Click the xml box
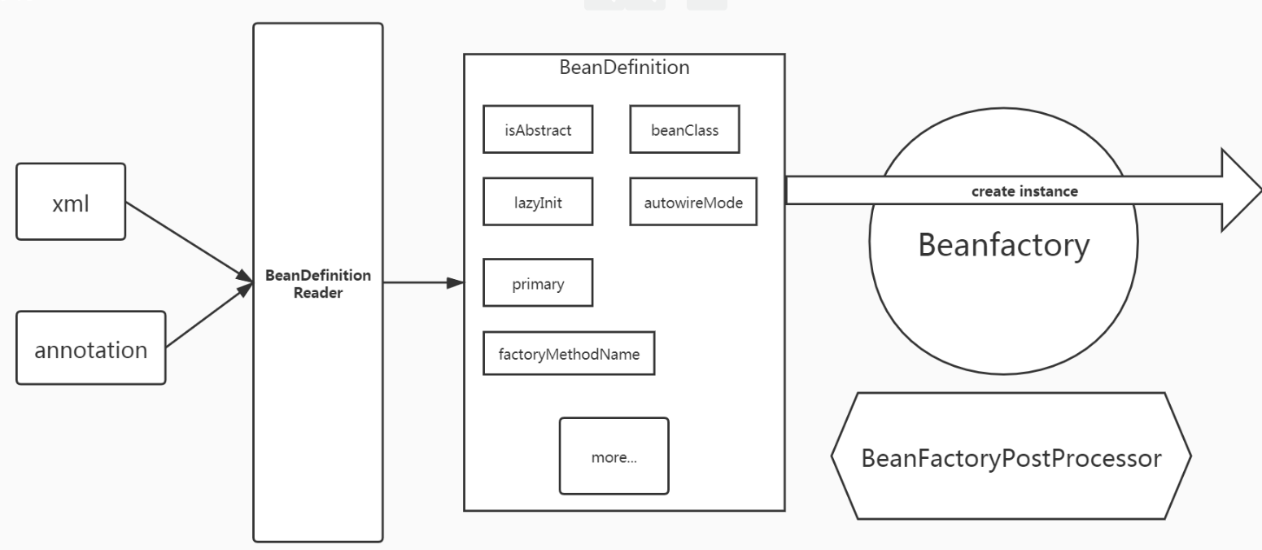coord(71,202)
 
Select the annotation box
coord(90,348)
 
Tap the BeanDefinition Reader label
coord(318,284)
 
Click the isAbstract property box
coord(537,129)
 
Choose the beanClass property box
coord(684,129)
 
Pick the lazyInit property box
coord(537,202)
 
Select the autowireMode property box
coord(693,202)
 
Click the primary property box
coord(537,282)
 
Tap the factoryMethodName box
coord(569,353)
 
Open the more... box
coord(614,456)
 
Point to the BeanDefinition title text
coord(624,68)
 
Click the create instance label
coord(1024,192)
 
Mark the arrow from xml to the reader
coord(187,240)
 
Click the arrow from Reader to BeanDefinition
coord(419,283)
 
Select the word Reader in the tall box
coord(318,293)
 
